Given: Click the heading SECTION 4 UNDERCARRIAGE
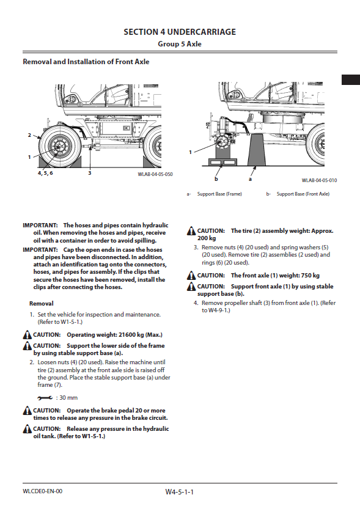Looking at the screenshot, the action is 180,32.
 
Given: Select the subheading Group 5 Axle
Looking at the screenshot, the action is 180,44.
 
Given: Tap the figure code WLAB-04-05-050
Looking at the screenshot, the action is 155,174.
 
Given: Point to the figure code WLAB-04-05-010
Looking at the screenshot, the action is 319,180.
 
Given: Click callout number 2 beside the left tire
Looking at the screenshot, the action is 29,135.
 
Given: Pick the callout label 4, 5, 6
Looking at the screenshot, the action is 45,173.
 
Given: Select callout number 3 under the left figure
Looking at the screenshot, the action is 89,173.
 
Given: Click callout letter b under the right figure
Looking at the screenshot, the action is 216,179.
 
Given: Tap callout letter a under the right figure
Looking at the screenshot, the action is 250,179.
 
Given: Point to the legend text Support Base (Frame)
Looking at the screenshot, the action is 219,194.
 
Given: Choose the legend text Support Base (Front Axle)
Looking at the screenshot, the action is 303,194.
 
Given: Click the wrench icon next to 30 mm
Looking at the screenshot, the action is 45,398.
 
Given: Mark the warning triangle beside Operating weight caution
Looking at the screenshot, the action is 28,335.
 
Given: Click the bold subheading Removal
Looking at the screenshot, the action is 42,304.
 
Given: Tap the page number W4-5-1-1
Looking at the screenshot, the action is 180,492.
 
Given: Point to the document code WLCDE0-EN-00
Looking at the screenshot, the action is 42,491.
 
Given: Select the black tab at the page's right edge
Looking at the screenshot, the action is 351,80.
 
